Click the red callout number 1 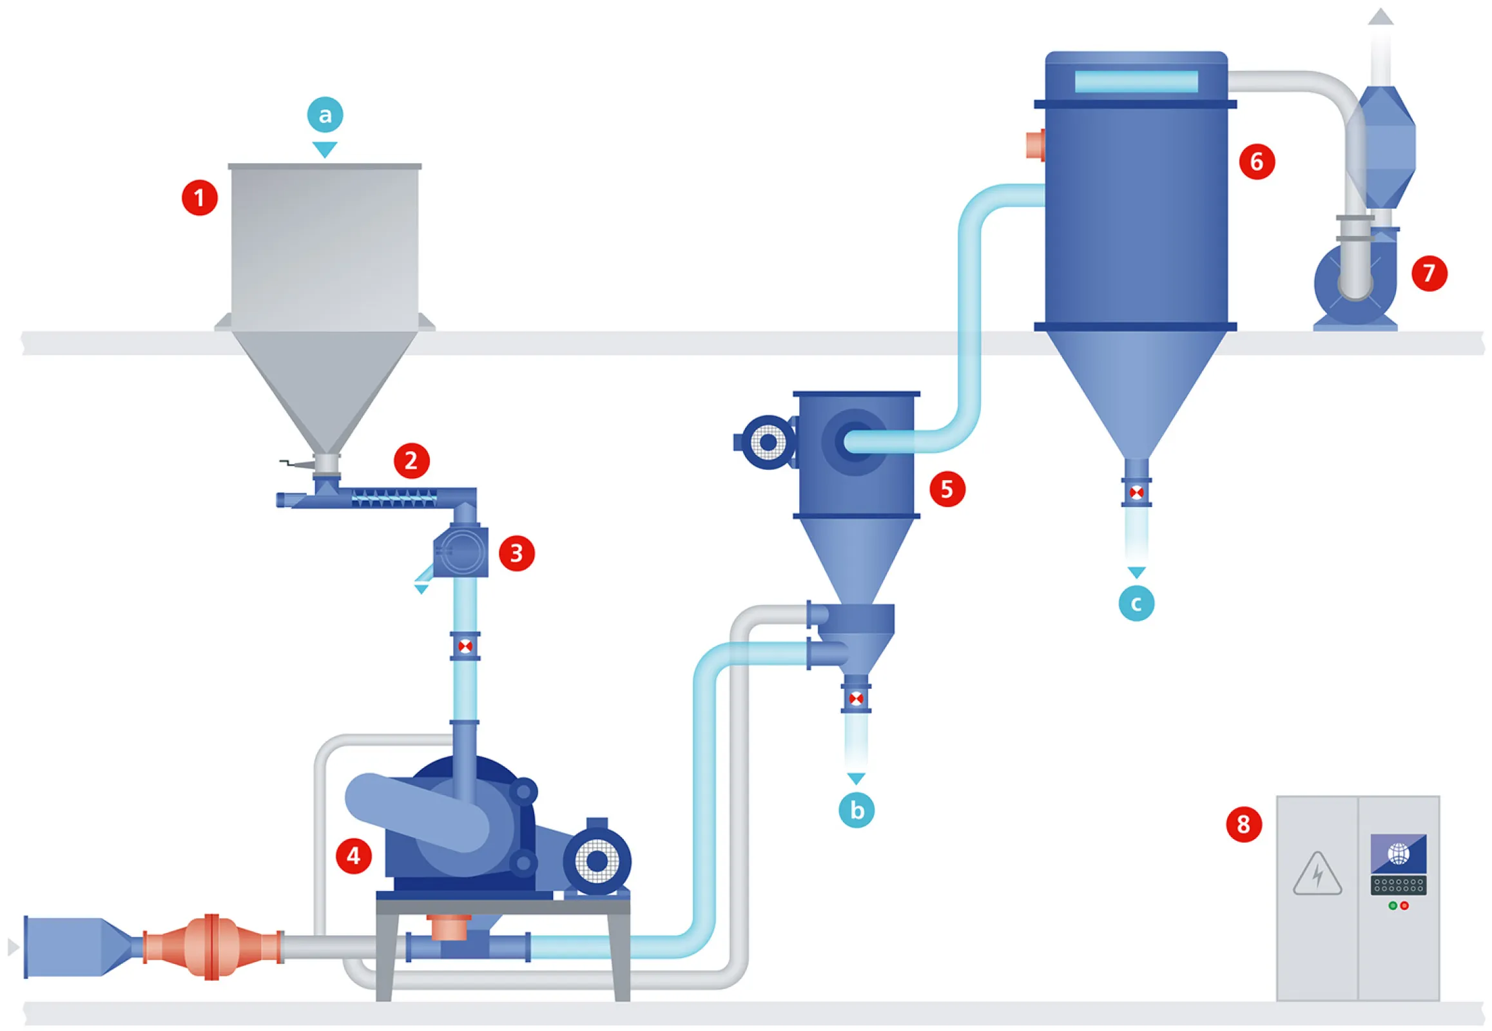[x=199, y=198]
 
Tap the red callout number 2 [x=411, y=461]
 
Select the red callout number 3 [x=516, y=553]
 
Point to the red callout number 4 [x=353, y=856]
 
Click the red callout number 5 [x=947, y=489]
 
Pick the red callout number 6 [x=1256, y=162]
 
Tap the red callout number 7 [x=1429, y=273]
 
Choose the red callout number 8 [x=1243, y=824]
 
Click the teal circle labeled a [x=324, y=115]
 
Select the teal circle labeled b [x=856, y=810]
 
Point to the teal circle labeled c [x=1136, y=603]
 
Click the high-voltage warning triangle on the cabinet [x=1317, y=874]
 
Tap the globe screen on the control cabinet [x=1399, y=853]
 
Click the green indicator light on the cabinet [x=1393, y=906]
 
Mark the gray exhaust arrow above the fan [x=1381, y=17]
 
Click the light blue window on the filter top [x=1136, y=82]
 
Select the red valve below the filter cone [x=1136, y=493]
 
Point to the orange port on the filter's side [x=1035, y=145]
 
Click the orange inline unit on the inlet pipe [x=212, y=947]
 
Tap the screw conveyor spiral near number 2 [x=394, y=497]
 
